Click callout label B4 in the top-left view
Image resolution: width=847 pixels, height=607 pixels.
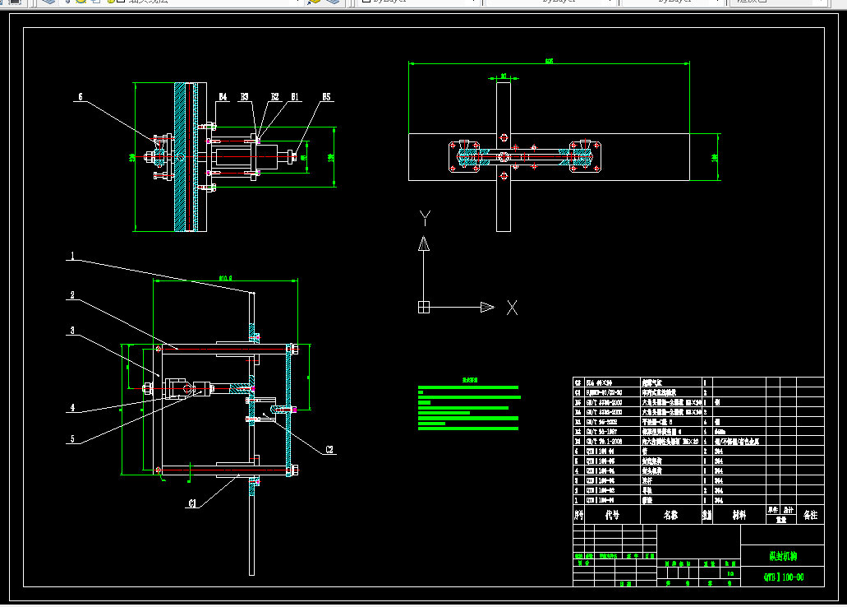[x=222, y=97]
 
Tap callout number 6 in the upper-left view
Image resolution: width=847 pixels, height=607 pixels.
[x=80, y=97]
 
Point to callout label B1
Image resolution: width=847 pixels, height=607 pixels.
[x=294, y=97]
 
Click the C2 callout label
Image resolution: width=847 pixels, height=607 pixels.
[x=329, y=450]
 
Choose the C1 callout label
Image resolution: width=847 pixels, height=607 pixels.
[x=193, y=503]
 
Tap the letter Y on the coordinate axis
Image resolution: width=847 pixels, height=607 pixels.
[x=425, y=218]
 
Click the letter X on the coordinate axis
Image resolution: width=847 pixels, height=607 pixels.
[x=512, y=308]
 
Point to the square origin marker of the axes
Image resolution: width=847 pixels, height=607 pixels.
[x=424, y=308]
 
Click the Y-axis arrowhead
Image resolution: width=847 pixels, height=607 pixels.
[x=424, y=243]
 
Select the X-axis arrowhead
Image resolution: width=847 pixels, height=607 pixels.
[x=487, y=308]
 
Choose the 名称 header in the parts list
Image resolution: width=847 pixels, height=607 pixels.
[x=670, y=515]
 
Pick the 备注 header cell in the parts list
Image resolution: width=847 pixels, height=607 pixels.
[x=810, y=515]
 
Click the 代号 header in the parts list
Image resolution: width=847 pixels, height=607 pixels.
[x=612, y=515]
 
